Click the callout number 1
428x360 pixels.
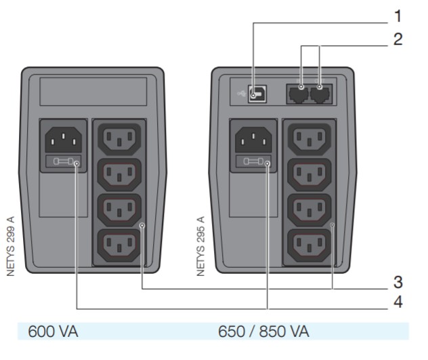398,14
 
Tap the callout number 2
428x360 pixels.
398,39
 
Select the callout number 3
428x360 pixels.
398,281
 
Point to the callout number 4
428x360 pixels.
398,302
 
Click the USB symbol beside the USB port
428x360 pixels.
240,94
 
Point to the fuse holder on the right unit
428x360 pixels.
253,163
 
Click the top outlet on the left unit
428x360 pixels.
120,139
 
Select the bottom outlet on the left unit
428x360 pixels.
120,245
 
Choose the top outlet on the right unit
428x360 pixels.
309,139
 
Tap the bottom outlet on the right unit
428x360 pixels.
309,245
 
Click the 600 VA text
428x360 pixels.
53,332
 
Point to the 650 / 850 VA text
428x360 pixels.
264,332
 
